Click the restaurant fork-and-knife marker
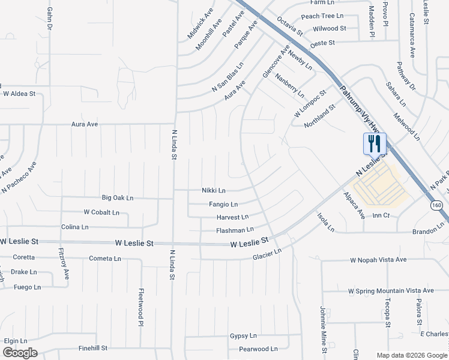pyautogui.click(x=374, y=143)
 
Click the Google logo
pyautogui.click(x=20, y=353)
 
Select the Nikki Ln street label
pyautogui.click(x=213, y=191)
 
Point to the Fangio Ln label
pyautogui.click(x=223, y=205)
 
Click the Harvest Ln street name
pyautogui.click(x=232, y=217)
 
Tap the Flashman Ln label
pyautogui.click(x=235, y=230)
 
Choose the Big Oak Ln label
pyautogui.click(x=118, y=197)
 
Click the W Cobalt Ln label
pyautogui.click(x=101, y=212)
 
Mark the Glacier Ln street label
pyautogui.click(x=267, y=255)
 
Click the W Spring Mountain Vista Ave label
pyautogui.click(x=391, y=290)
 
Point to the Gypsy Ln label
pyautogui.click(x=243, y=336)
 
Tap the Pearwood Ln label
pyautogui.click(x=258, y=349)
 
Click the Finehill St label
pyautogui.click(x=92, y=348)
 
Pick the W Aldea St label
pyautogui.click(x=20, y=94)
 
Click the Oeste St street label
pyautogui.click(x=322, y=43)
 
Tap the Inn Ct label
pyautogui.click(x=381, y=215)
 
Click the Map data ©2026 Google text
pyautogui.click(x=411, y=355)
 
